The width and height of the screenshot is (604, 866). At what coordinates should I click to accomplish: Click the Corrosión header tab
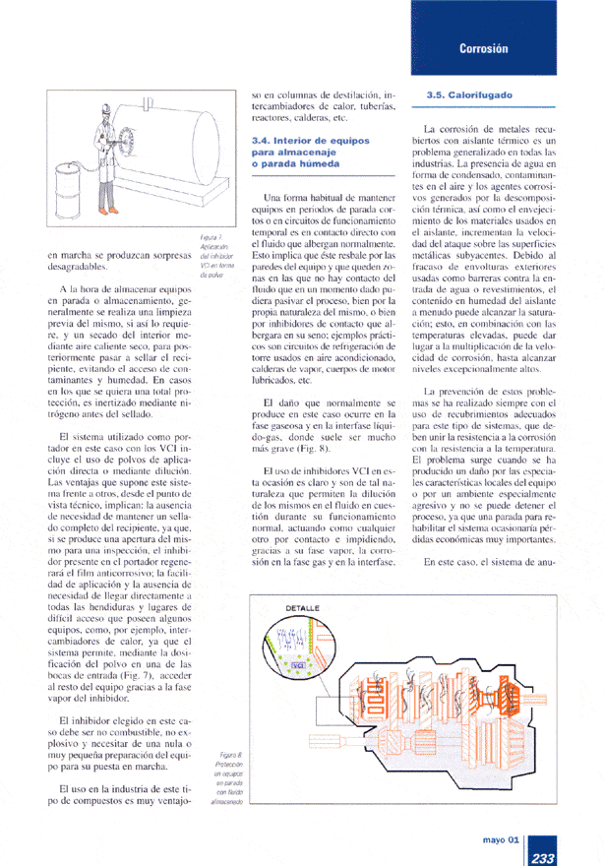coord(481,48)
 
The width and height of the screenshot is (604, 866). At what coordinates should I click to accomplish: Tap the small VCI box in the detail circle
coord(296,666)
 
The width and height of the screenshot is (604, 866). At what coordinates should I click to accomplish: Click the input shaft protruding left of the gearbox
coord(325,737)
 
